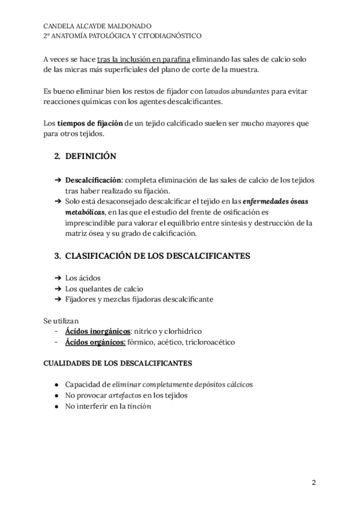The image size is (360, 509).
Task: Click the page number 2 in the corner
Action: (313, 482)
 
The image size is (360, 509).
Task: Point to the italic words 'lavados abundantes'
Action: (235, 91)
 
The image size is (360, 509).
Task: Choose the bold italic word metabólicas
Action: (86, 212)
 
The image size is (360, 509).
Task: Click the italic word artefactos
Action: (125, 395)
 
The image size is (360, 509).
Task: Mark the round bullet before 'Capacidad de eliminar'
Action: (56, 385)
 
